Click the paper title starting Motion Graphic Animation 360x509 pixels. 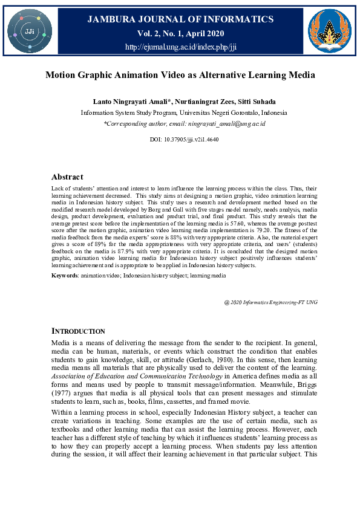tap(180, 76)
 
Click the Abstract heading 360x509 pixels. tap(67, 177)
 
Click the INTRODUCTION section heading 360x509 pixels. tap(78, 332)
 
